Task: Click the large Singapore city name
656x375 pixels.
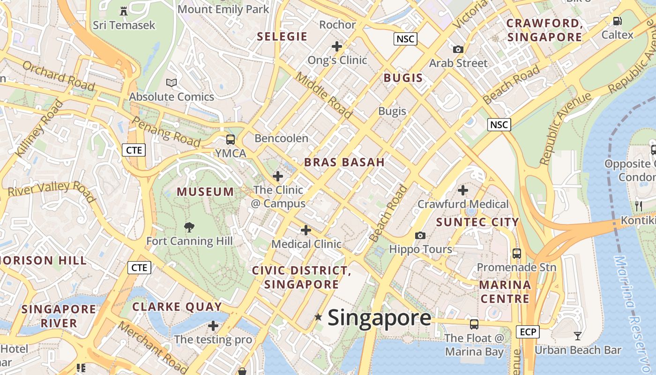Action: pyautogui.click(x=379, y=318)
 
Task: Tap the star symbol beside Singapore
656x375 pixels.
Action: pyautogui.click(x=319, y=317)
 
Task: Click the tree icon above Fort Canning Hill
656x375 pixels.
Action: pyautogui.click(x=189, y=228)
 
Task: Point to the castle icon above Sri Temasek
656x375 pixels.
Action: pyautogui.click(x=124, y=11)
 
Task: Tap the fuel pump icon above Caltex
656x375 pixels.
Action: pyautogui.click(x=617, y=21)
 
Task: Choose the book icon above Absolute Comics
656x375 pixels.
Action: pyautogui.click(x=171, y=83)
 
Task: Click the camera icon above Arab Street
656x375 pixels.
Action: pyautogui.click(x=458, y=49)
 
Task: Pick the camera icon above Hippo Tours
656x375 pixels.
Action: pyautogui.click(x=420, y=235)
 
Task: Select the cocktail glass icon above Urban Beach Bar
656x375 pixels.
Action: pyautogui.click(x=578, y=336)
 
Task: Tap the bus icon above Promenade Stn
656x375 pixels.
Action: pyautogui.click(x=516, y=254)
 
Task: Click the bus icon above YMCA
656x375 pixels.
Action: pyautogui.click(x=230, y=139)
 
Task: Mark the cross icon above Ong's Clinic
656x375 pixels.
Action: pyautogui.click(x=336, y=46)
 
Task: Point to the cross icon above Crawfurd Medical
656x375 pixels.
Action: pyautogui.click(x=462, y=190)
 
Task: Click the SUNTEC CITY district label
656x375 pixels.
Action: pyautogui.click(x=477, y=222)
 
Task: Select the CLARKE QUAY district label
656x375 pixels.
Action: pyautogui.click(x=177, y=307)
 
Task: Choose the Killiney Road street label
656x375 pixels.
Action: pyautogui.click(x=39, y=128)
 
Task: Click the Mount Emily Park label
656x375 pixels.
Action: pyautogui.click(x=224, y=9)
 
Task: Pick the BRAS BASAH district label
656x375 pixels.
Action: pyautogui.click(x=344, y=163)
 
